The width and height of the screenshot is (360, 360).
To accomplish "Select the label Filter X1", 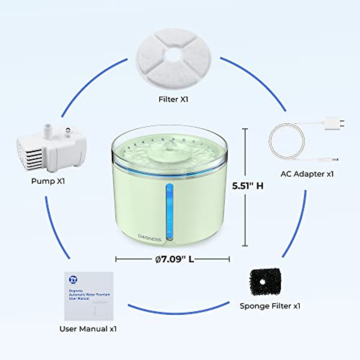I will point(173,99).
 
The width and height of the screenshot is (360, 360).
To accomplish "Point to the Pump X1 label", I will point(48,181).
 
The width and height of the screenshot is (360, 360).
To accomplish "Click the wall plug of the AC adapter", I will point(333,123).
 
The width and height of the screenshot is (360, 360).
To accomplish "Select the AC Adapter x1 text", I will point(307,174).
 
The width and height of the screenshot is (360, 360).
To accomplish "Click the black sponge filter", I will point(265,282).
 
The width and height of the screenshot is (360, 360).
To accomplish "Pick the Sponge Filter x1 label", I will point(270,306).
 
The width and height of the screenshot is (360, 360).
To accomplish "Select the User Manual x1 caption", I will point(88,329).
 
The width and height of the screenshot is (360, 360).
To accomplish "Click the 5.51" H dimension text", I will point(248,186).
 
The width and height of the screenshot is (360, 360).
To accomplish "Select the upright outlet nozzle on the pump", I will point(47,129).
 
